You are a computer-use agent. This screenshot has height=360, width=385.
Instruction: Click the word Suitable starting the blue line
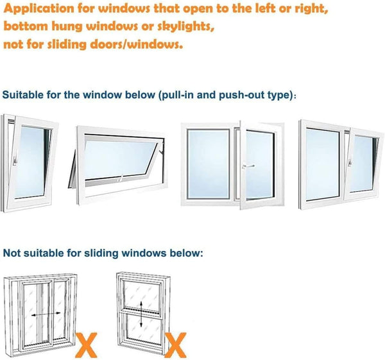[24, 94]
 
